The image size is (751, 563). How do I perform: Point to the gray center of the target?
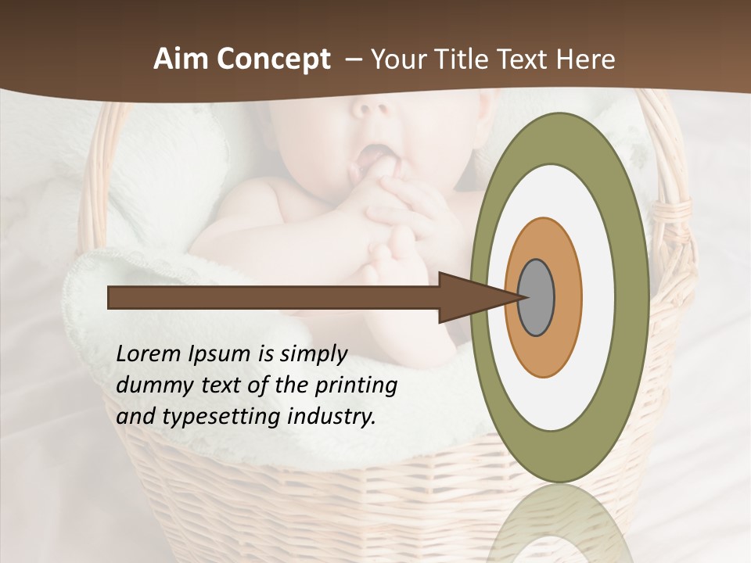coord(537,297)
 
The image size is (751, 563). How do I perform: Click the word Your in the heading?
coord(397,59)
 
